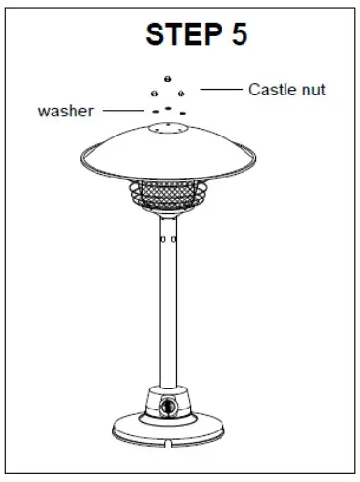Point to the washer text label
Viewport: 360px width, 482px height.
(65, 111)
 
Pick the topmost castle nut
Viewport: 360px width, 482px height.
(167, 77)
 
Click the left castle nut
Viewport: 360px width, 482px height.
(154, 93)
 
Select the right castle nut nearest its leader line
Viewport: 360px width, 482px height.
(180, 93)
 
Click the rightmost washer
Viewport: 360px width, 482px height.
(180, 111)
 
